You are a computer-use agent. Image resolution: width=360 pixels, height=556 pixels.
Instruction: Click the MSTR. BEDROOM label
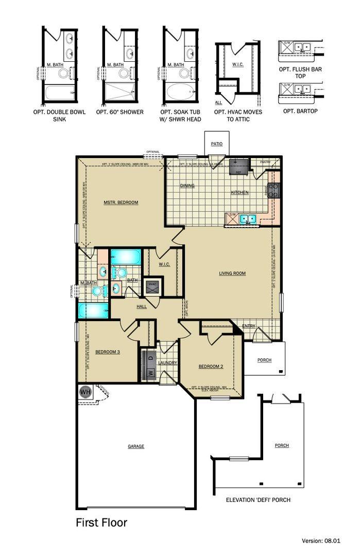pos(121,202)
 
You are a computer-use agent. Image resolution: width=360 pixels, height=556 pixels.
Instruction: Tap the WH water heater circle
pos(85,392)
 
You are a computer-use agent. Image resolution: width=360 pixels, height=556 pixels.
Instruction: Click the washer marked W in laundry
pos(150,372)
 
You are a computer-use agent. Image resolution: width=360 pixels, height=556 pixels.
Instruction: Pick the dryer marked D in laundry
pos(150,357)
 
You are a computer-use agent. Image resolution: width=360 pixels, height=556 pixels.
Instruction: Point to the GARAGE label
pos(136,446)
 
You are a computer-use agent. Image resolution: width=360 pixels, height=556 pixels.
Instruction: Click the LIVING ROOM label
pos(232,273)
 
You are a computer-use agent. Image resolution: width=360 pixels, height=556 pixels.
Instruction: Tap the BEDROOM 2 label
pos(211,367)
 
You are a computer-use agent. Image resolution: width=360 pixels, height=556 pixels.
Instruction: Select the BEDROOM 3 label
pos(108,352)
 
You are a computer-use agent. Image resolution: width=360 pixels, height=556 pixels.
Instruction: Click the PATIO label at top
pos(216,144)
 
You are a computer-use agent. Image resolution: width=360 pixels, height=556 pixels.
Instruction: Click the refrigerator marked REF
pos(238,165)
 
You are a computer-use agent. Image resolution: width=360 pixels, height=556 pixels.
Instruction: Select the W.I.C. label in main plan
pos(164,264)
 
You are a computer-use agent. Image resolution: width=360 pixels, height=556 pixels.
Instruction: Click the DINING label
pos(186,185)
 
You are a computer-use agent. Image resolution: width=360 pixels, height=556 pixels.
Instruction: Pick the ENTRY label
pos(249,325)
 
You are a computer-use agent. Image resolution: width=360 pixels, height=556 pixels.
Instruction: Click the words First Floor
pos(101,523)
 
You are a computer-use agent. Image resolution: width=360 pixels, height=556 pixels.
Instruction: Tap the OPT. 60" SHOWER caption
pos(119,112)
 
